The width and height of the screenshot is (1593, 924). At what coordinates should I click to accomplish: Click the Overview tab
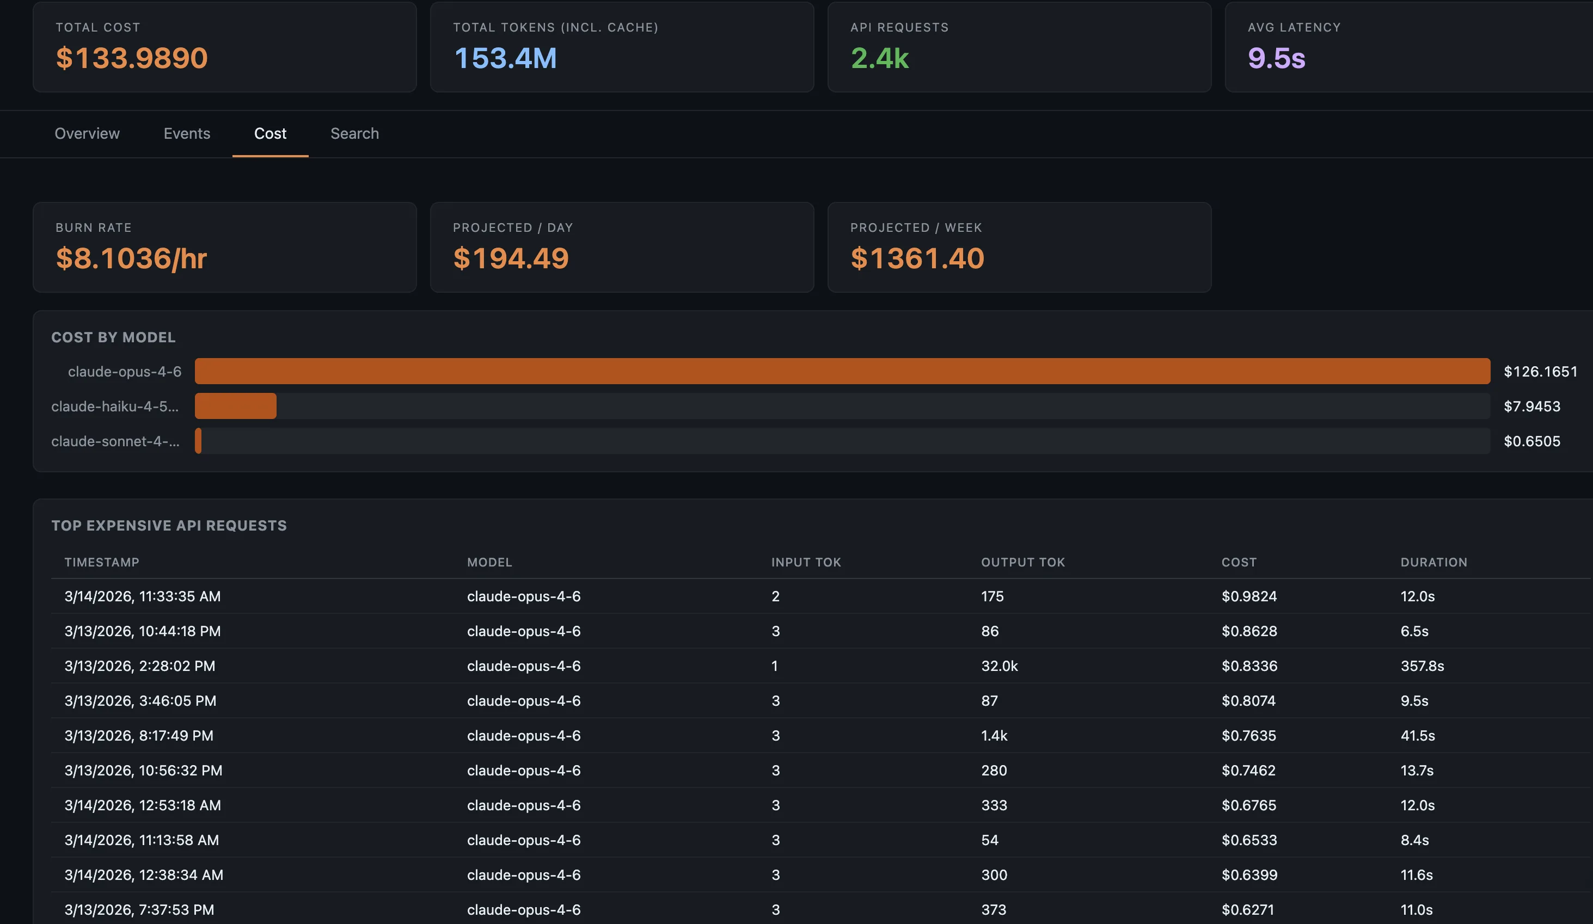87,133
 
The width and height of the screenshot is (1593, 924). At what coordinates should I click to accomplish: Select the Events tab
187,133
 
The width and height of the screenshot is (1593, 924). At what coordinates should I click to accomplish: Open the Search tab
354,133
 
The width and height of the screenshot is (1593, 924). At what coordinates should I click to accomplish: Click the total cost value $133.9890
132,58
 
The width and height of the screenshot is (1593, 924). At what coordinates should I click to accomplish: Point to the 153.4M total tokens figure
505,58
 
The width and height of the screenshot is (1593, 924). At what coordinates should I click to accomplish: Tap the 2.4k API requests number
879,58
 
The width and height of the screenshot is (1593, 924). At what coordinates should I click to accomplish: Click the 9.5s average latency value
1276,58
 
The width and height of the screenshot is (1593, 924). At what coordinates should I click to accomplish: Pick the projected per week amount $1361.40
917,258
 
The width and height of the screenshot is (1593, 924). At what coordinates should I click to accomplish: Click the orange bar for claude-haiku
235,406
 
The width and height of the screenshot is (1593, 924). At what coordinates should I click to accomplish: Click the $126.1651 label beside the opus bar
1540,372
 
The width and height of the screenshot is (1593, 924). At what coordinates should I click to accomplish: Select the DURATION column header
1433,562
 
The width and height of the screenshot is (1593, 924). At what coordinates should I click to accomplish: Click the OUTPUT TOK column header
1022,562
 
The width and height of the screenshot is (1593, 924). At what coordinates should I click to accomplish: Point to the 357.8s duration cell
1422,666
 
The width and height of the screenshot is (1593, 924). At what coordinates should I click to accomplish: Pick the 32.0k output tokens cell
999,666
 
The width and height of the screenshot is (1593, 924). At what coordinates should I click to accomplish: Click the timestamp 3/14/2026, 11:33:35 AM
142,596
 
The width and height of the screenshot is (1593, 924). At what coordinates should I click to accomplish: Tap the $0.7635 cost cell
1248,735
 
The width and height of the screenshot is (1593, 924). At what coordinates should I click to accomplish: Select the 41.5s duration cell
1417,735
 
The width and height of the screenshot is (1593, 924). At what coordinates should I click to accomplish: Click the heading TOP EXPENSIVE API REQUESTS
169,525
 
